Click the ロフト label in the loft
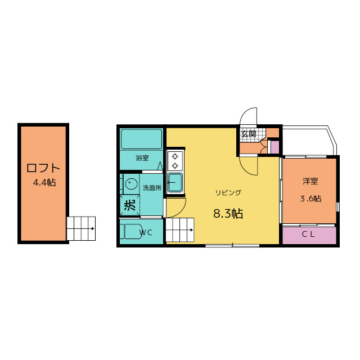click(43, 168)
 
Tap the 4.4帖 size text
click(44, 183)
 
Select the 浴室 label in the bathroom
click(142, 158)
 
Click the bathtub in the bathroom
click(142, 139)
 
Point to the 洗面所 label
click(152, 188)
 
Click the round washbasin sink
click(131, 184)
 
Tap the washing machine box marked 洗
click(130, 205)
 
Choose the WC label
click(146, 233)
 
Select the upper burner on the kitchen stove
click(175, 156)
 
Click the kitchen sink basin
click(175, 182)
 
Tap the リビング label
click(228, 192)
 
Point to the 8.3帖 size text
click(228, 214)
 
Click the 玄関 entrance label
click(249, 134)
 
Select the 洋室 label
click(310, 181)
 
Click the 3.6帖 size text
click(311, 199)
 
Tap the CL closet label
click(308, 234)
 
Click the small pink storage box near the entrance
click(275, 147)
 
